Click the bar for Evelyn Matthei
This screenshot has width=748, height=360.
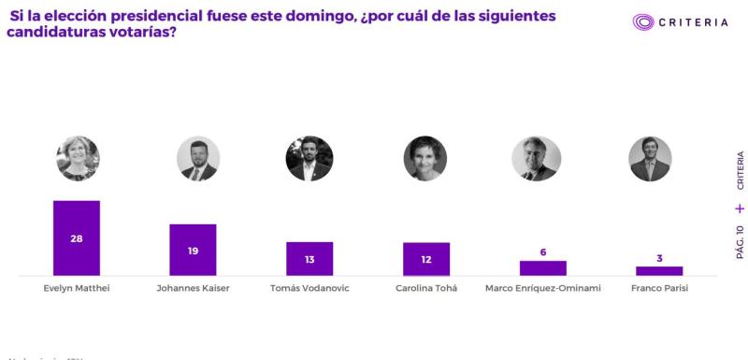point(77,238)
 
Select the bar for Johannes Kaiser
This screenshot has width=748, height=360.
point(193,250)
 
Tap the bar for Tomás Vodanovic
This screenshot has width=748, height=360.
point(309,258)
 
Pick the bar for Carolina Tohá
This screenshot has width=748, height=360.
point(426,259)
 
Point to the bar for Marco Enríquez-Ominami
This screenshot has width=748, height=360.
point(543,268)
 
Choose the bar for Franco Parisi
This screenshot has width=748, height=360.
point(659,271)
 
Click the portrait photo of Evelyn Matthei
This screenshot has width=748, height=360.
point(78,158)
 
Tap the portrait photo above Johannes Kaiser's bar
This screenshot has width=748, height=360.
point(198,158)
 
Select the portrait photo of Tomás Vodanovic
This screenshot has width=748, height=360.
point(309,158)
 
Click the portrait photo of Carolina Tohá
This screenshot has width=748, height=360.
point(425,158)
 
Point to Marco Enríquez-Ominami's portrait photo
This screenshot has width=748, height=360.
point(536,158)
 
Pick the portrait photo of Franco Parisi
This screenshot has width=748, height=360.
point(650,158)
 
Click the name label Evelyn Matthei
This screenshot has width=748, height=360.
point(77,288)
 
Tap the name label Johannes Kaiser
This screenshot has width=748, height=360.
point(193,288)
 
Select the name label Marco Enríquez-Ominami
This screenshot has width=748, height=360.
point(543,288)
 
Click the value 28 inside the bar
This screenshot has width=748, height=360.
point(77,238)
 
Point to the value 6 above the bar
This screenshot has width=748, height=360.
point(543,252)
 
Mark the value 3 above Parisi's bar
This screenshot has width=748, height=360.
point(659,258)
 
